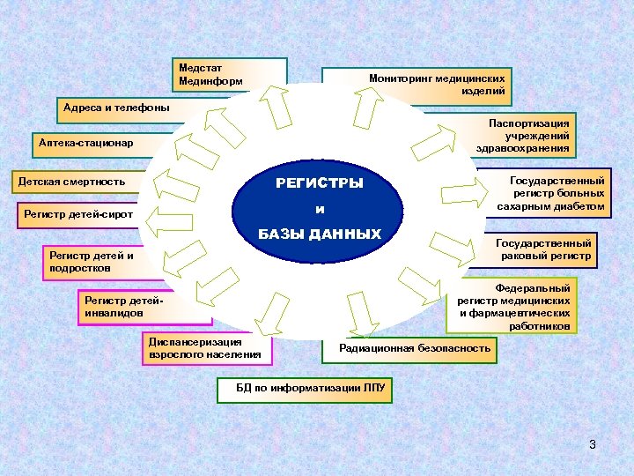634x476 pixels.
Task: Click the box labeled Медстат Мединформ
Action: [x=231, y=74]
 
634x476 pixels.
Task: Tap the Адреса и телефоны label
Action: [x=114, y=108]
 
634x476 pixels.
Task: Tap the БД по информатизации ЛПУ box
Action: [x=305, y=388]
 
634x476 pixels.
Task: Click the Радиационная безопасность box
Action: [x=414, y=348]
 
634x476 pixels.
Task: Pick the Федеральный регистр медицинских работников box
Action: [x=512, y=307]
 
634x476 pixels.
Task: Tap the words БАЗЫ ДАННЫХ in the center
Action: [x=319, y=234]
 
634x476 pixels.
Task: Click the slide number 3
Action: [x=593, y=444]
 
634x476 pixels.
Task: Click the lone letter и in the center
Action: [x=320, y=210]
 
